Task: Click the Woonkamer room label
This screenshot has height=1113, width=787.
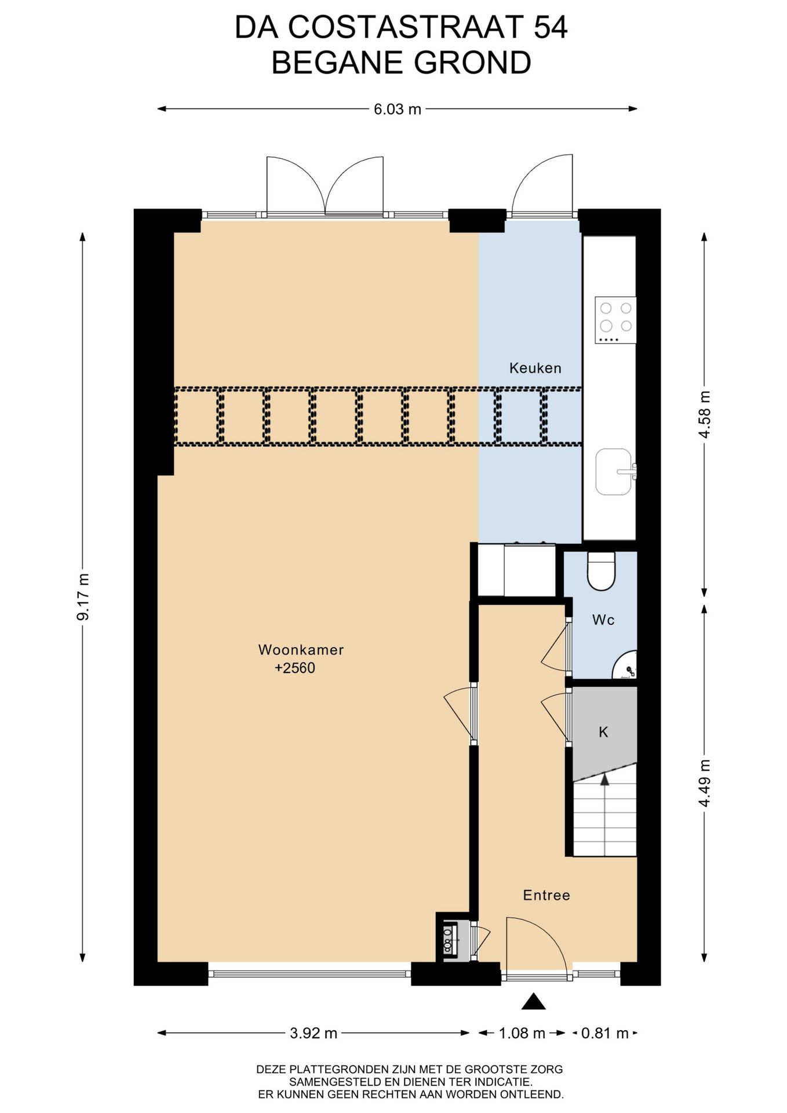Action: tap(301, 650)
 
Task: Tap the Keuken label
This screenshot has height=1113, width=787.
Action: tap(535, 368)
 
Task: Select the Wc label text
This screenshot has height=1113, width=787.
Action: tap(603, 620)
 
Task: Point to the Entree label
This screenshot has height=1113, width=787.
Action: tap(546, 896)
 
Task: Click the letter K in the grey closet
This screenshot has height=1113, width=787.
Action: tap(603, 732)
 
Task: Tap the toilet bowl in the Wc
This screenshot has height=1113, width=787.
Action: tap(601, 572)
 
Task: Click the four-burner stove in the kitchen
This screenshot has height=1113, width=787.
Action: tap(615, 320)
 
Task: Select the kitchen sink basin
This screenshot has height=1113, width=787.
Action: tap(614, 472)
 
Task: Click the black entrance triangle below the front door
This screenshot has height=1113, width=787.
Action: tap(534, 1002)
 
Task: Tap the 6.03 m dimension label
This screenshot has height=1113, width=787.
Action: tap(397, 109)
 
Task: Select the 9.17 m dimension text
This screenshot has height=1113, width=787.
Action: tap(83, 597)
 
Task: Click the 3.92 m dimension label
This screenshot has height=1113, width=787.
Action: tap(314, 1033)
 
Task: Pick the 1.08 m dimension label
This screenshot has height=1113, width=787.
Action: tap(522, 1033)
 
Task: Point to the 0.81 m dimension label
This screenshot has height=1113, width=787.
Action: tap(605, 1033)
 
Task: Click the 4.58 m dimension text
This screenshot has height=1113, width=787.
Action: tap(705, 415)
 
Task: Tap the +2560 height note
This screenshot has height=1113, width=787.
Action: tap(295, 668)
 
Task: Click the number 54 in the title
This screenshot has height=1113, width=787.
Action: tap(550, 28)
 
